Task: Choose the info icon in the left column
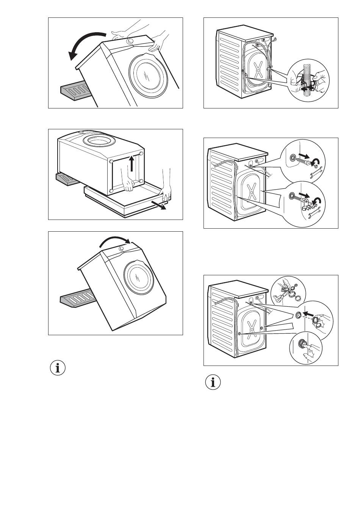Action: pos(58,368)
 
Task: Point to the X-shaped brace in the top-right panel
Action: pos(258,70)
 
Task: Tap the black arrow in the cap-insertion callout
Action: pos(309,314)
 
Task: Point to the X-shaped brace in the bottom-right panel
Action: pos(251,326)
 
